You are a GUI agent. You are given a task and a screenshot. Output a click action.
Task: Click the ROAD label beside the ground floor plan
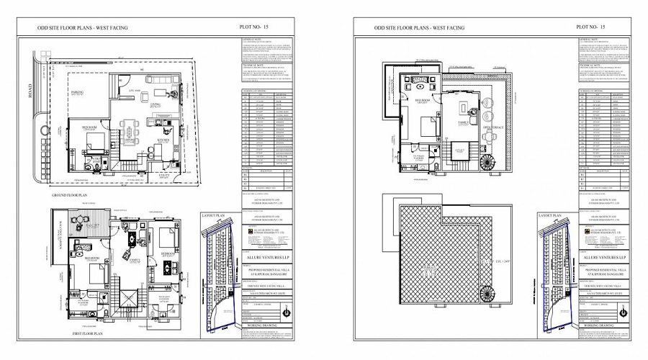pyautogui.click(x=31, y=104)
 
